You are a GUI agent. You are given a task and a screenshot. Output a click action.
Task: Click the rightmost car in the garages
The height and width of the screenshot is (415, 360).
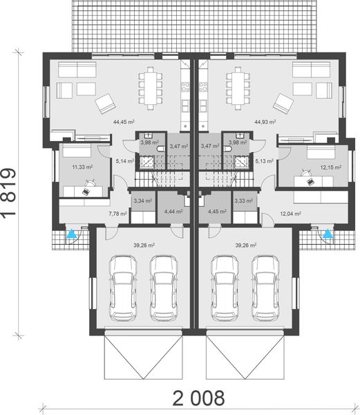coord(265,286)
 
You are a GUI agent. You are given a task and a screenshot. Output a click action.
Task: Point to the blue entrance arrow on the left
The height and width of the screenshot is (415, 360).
coord(70,234)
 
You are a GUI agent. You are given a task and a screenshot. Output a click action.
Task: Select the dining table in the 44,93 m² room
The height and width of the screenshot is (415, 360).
coord(236,84)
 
